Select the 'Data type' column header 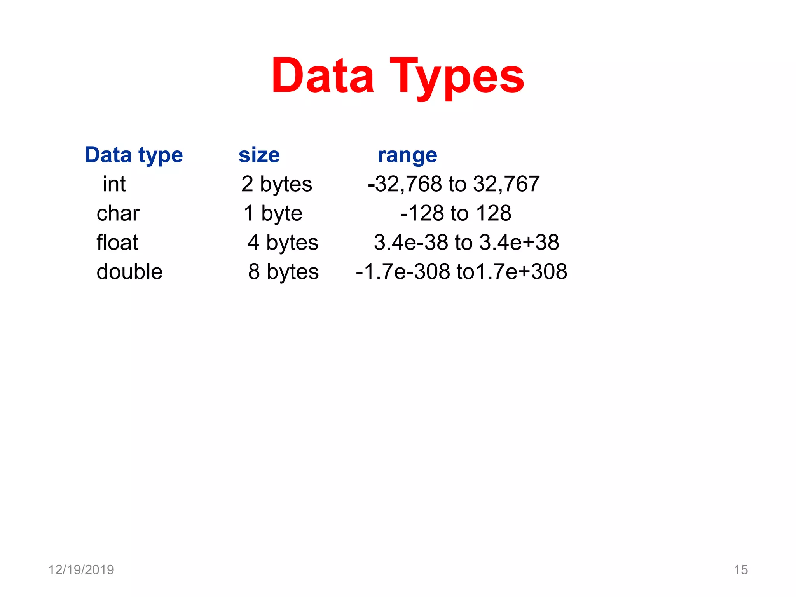click(134, 155)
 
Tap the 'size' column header click(259, 155)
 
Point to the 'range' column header click(407, 155)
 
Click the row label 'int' click(114, 184)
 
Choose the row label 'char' click(118, 213)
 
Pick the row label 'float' click(117, 242)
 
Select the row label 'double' click(129, 271)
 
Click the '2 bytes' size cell click(276, 184)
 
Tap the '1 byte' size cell click(273, 213)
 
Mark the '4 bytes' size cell click(283, 243)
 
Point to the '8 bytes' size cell click(283, 272)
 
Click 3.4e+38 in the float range click(519, 243)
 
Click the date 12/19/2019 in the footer click(81, 570)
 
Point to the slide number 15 click(741, 570)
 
